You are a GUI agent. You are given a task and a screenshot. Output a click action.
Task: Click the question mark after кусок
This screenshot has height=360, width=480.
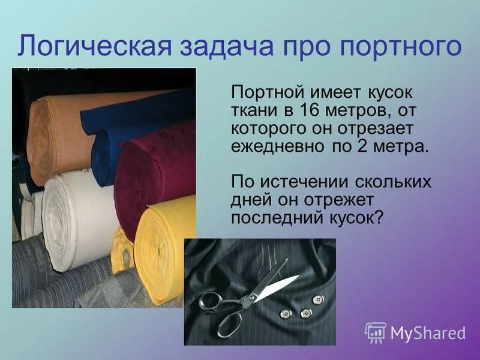point(378,217)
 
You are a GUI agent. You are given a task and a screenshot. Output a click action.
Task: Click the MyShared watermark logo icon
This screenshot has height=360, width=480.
point(375,332)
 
